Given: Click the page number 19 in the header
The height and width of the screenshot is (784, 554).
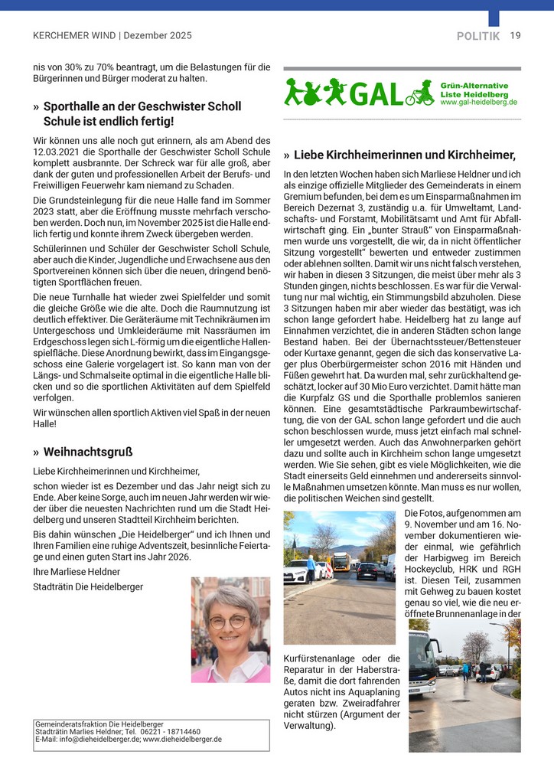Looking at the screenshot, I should point(515,35).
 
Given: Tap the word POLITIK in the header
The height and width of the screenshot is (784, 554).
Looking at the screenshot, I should point(478,36).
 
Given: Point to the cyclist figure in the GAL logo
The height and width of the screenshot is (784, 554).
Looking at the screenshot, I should point(421,93).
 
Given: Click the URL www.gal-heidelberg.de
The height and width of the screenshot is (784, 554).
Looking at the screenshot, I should point(479,102).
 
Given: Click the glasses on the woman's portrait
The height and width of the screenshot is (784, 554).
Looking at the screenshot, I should point(229,621).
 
